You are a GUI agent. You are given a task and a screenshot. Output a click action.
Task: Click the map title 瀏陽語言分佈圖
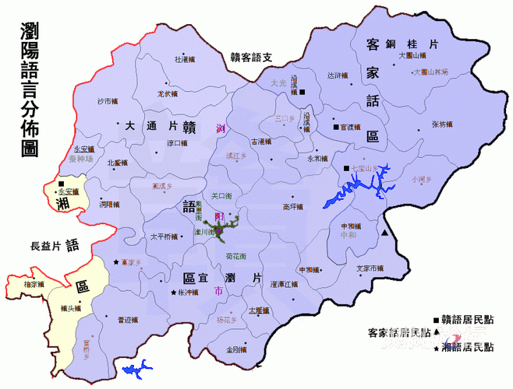(31, 90)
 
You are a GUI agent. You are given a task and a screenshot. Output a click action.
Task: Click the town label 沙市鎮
(108, 102)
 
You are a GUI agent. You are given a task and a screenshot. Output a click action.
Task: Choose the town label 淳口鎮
(179, 143)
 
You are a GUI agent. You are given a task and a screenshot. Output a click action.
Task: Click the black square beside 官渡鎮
(336, 127)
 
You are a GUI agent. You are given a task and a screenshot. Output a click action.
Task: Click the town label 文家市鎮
(370, 268)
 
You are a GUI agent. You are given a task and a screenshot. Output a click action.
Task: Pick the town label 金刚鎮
(238, 349)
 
